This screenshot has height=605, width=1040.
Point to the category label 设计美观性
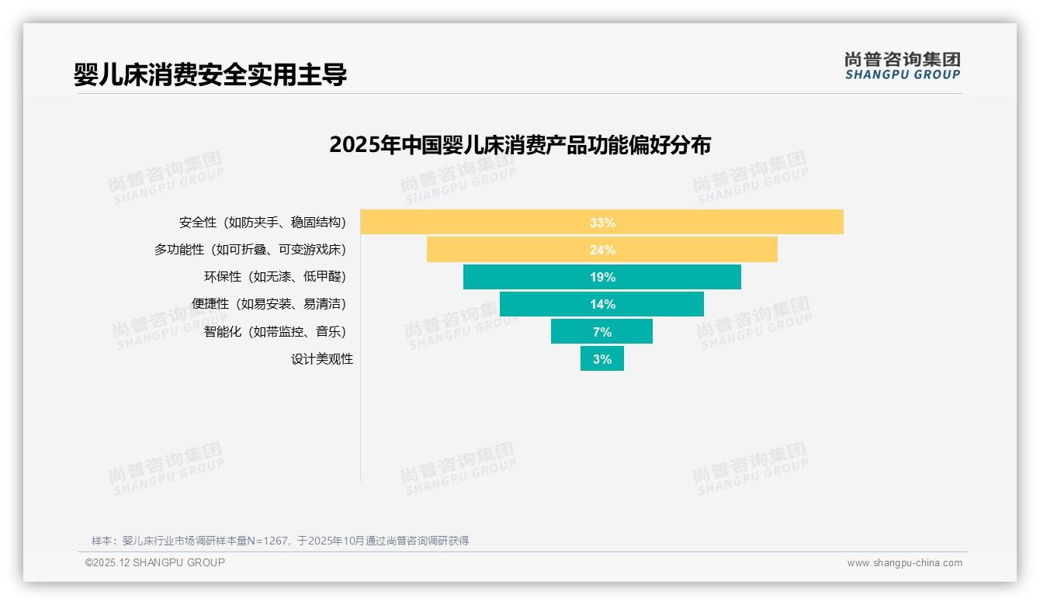tap(322, 359)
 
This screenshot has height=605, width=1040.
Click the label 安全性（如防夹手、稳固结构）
tap(262, 223)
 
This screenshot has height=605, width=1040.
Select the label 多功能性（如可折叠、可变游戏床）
tap(250, 250)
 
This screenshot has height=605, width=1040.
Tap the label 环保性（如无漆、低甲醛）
tap(275, 277)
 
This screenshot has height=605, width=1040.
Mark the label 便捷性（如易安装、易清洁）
tap(269, 304)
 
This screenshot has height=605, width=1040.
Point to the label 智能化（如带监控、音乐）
tap(275, 332)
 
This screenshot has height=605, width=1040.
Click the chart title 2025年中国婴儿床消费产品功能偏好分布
tap(520, 145)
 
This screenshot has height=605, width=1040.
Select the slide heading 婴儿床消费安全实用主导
tap(210, 74)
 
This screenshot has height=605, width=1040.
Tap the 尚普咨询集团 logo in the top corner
tap(903, 59)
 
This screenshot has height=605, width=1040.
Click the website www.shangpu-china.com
tap(904, 563)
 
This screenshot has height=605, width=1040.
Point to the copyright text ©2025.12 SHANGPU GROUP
tap(155, 562)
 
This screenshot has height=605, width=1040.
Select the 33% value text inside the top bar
tap(602, 223)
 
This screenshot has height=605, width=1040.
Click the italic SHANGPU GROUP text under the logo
tap(903, 75)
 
